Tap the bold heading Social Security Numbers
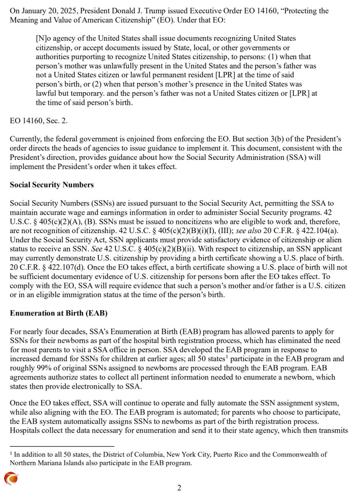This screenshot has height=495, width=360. coord(52,185)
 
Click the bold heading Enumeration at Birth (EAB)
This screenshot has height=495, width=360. coord(58,313)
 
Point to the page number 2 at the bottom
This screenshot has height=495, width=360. coord(179,487)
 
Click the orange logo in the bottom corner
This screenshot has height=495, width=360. coord(11,478)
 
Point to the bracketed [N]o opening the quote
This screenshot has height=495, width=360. coord(42,38)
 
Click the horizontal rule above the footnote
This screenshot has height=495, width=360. coord(62,446)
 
